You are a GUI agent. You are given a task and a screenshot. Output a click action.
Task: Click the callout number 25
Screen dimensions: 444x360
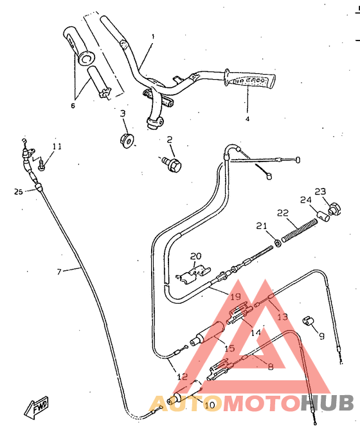click(x=18, y=191)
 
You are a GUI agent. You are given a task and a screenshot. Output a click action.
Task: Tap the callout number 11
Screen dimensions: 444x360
click(x=57, y=147)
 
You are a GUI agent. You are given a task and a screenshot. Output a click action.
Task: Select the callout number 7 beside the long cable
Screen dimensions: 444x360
click(x=59, y=272)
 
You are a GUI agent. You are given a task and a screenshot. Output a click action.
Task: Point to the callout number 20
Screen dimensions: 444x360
click(x=195, y=255)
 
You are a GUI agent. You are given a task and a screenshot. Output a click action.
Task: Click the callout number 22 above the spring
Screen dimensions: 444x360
click(x=283, y=214)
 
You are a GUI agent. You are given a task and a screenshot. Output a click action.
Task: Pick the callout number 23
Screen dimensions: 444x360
click(x=320, y=191)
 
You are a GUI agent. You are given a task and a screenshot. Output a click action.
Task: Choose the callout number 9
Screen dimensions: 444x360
click(x=321, y=335)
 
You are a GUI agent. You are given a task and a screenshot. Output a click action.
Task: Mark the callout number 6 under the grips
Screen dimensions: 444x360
click(x=73, y=106)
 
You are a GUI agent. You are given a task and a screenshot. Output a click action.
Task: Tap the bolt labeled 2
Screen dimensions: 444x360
click(x=172, y=163)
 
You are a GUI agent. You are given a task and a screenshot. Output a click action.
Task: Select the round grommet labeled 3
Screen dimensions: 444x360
click(x=127, y=140)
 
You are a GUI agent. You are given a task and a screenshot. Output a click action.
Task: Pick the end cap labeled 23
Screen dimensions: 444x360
click(x=333, y=208)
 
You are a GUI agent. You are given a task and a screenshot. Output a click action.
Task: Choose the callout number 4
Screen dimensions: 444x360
click(x=248, y=118)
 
